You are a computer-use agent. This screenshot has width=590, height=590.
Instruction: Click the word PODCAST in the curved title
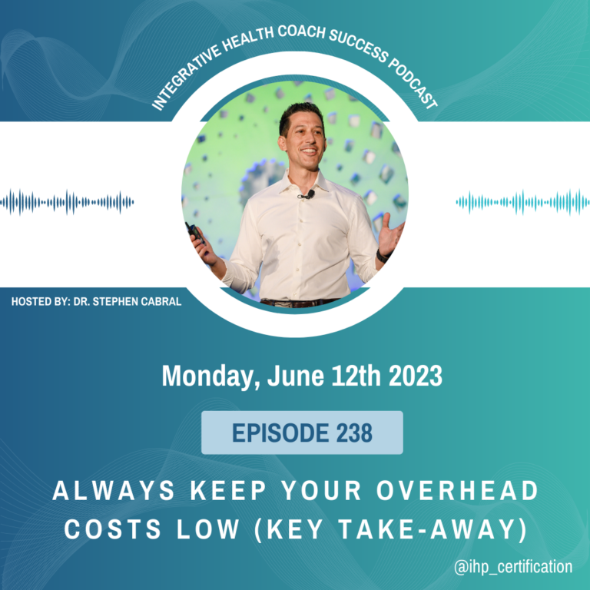(413, 85)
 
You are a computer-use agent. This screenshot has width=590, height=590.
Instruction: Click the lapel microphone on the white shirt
(307, 195)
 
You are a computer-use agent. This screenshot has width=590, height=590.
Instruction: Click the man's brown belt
(299, 303)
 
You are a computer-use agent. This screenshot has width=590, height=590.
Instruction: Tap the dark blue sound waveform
(67, 203)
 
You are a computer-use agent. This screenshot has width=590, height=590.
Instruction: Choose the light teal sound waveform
(523, 203)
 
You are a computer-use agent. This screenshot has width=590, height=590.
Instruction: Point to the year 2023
(416, 376)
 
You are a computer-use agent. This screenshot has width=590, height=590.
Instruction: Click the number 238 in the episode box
(354, 433)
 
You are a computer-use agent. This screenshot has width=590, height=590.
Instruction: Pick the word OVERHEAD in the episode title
(458, 491)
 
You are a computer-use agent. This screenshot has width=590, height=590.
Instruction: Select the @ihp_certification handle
(513, 566)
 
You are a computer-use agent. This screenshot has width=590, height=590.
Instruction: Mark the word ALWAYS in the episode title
(114, 491)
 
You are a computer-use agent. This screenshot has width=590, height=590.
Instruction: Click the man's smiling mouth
(309, 151)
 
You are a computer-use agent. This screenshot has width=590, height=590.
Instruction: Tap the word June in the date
(295, 376)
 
